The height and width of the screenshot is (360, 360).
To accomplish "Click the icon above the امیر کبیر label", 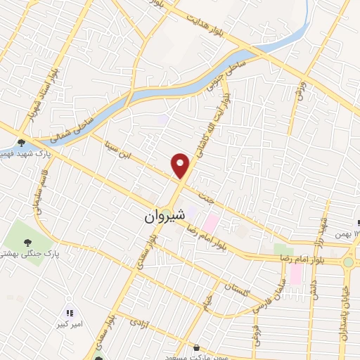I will click(69, 313).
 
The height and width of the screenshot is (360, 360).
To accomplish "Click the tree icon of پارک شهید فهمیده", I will click(22, 141).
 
